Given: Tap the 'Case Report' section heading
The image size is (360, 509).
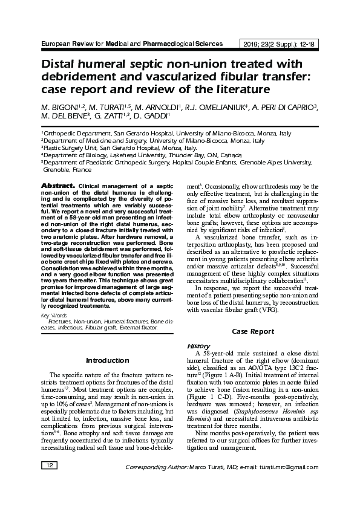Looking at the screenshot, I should tap(253, 331).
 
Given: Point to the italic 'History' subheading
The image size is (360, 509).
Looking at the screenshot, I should tap(198, 346).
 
